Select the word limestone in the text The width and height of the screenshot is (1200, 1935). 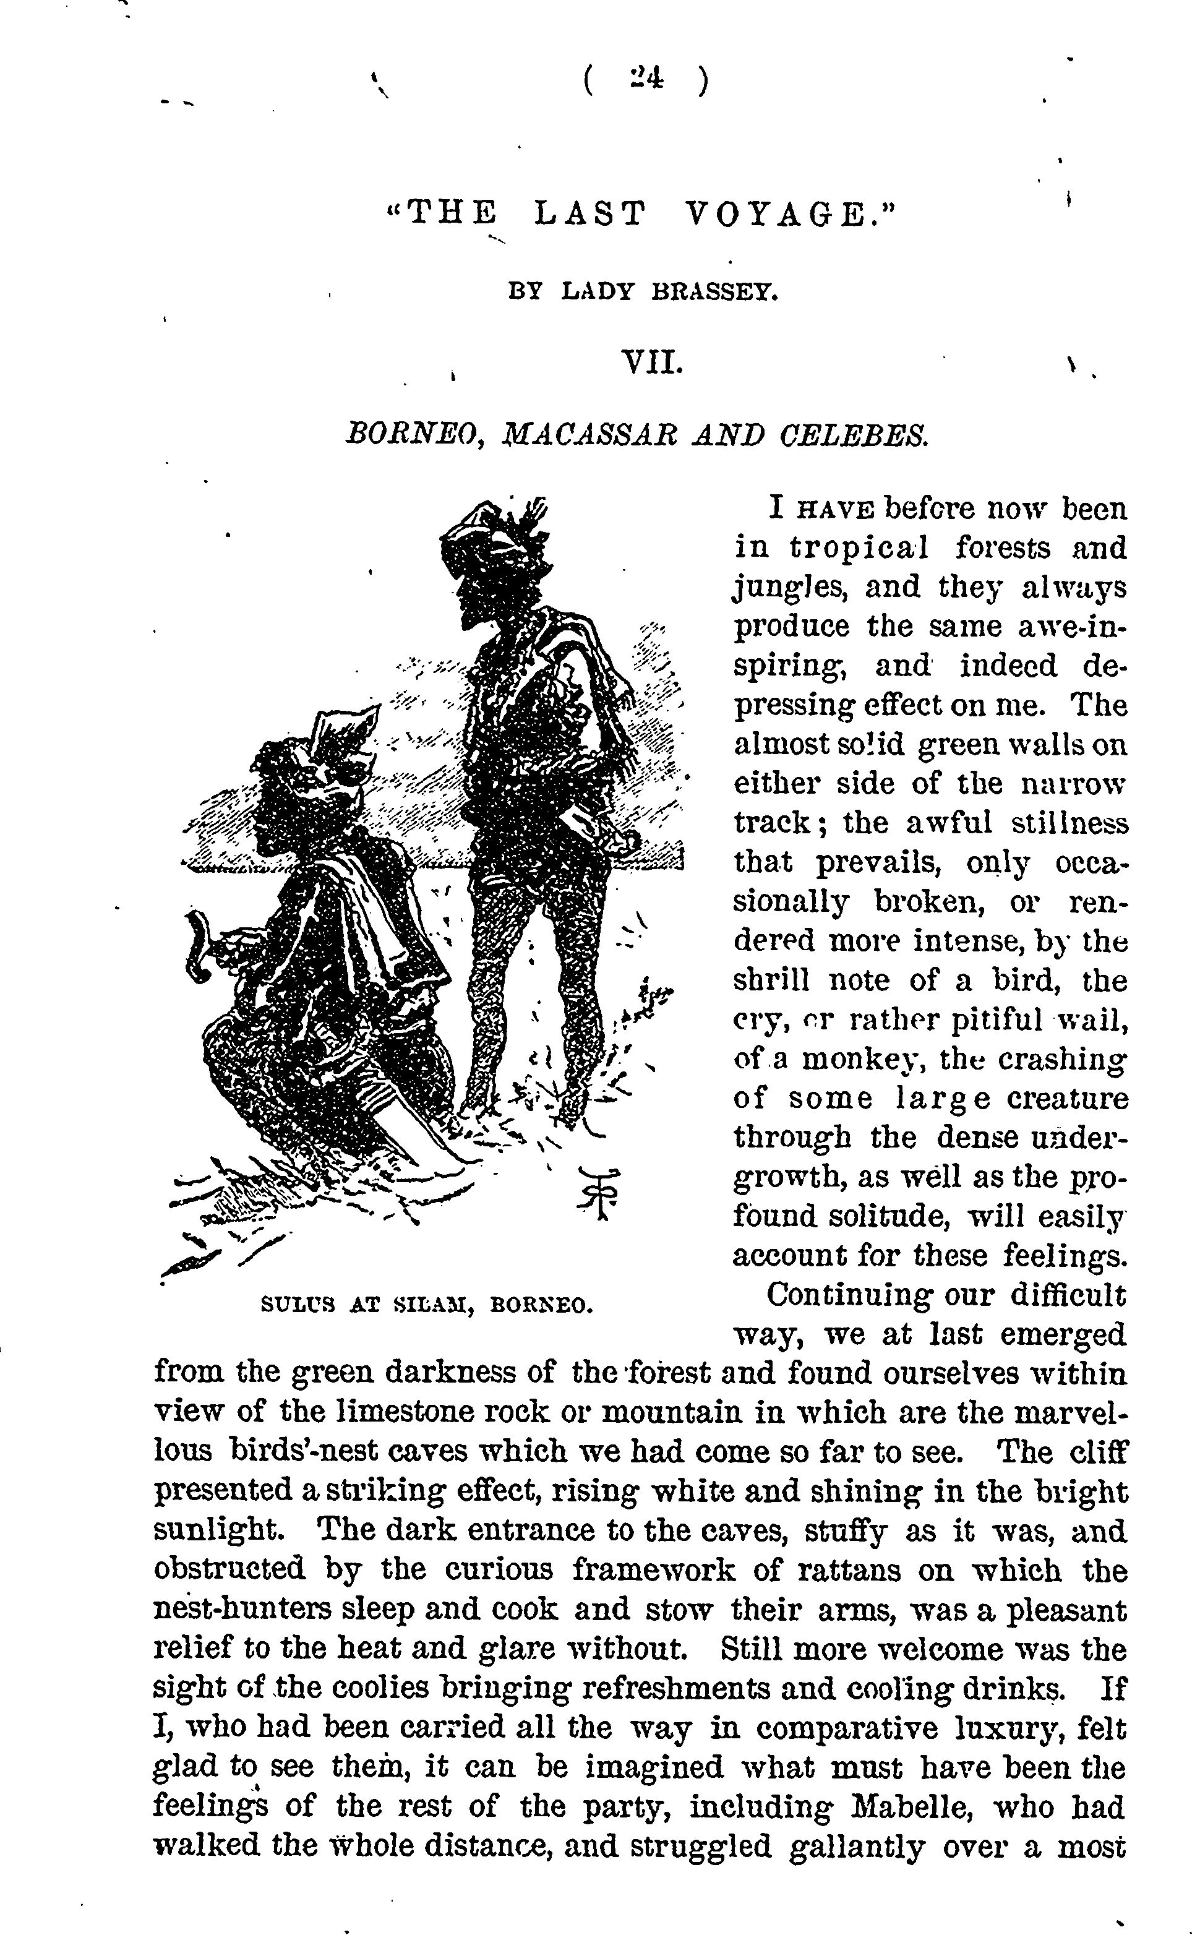pyautogui.click(x=403, y=1412)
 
